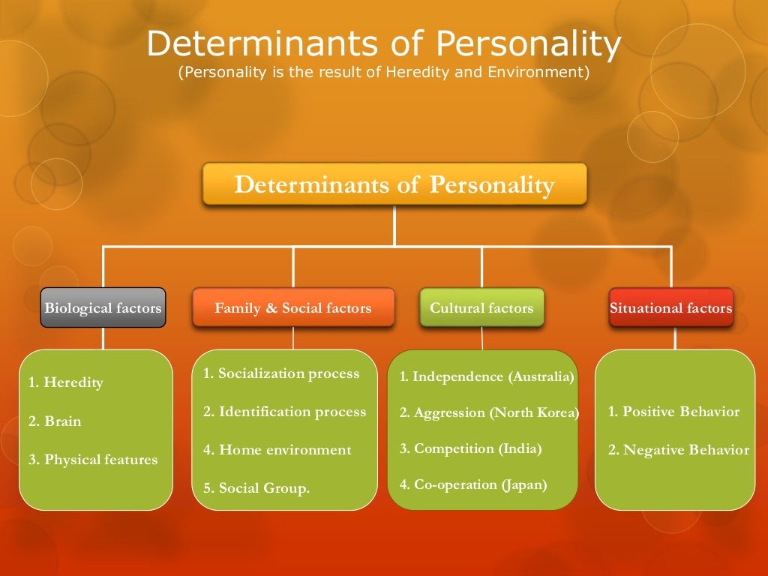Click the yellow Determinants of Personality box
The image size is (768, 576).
394,184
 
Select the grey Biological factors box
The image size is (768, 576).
103,307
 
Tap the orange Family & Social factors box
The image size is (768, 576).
293,307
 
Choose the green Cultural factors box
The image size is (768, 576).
481,307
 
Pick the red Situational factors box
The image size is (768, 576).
671,307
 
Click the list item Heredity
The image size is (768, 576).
66,382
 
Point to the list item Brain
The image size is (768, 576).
55,421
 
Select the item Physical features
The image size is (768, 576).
93,460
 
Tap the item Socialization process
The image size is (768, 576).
281,373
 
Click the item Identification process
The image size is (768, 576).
285,412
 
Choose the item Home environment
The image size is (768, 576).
277,450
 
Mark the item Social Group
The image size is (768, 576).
256,488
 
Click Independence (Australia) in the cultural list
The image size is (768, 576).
487,376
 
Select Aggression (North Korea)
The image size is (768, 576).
489,412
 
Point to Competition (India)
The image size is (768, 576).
470,448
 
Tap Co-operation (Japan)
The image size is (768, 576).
473,484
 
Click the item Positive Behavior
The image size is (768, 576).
673,412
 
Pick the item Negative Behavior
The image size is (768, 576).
678,450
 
